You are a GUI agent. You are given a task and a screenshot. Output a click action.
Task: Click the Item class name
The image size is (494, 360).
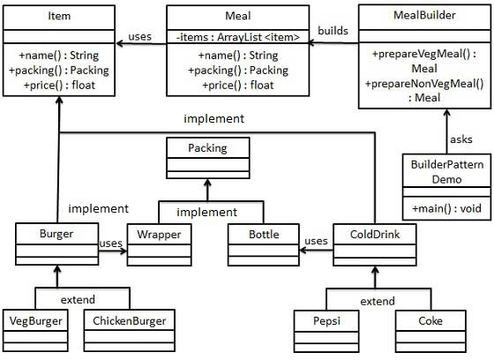pos(60,16)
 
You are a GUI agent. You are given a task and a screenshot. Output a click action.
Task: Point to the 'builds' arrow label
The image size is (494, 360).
pos(333,31)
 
